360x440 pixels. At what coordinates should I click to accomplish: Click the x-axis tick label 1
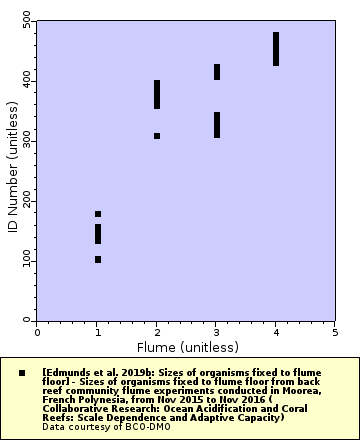tap(97, 330)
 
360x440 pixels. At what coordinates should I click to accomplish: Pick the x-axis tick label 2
tap(157, 330)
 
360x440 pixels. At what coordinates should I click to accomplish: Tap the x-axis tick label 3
tap(216, 330)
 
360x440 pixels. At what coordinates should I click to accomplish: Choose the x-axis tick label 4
tap(276, 330)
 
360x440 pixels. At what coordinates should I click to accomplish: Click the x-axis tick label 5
tap(335, 330)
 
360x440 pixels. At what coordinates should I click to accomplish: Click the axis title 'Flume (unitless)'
tap(186, 347)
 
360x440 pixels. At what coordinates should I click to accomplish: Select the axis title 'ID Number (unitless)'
tap(12, 170)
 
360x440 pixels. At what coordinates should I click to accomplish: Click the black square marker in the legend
tap(21, 372)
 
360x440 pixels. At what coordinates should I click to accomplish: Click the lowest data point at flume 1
tap(98, 259)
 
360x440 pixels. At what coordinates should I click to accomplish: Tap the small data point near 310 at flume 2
tap(157, 136)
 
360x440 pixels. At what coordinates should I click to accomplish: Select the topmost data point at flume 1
tap(98, 214)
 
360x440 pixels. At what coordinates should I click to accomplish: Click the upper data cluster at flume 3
tap(217, 72)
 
